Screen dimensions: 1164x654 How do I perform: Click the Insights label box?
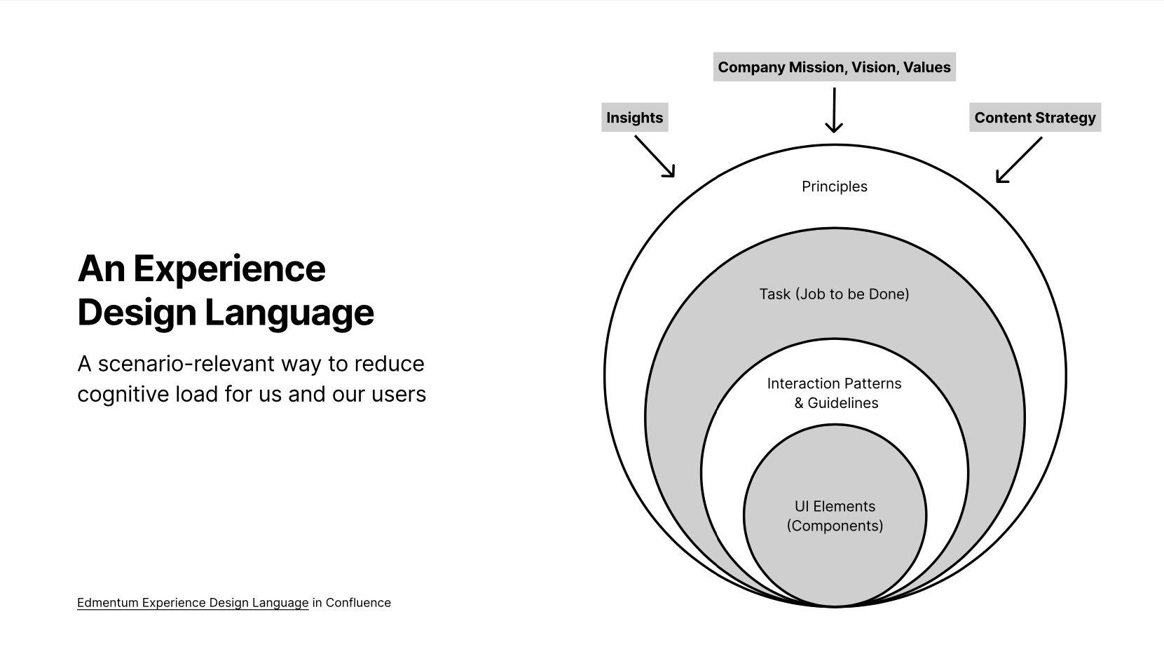pyautogui.click(x=634, y=118)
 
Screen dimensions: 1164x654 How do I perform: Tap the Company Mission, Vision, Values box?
pyautogui.click(x=834, y=67)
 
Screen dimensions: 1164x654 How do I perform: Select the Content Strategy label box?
pyautogui.click(x=1034, y=118)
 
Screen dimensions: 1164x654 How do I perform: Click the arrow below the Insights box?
pyautogui.click(x=655, y=156)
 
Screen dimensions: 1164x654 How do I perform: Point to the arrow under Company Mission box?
pyautogui.click(x=834, y=109)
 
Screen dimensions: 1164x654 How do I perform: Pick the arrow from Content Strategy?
pyautogui.click(x=1018, y=160)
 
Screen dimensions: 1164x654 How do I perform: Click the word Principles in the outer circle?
pyautogui.click(x=835, y=186)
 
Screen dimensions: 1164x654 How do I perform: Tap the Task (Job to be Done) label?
pyautogui.click(x=834, y=294)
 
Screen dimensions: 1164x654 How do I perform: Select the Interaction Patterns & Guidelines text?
pyautogui.click(x=835, y=393)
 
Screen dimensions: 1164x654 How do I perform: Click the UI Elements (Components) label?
pyautogui.click(x=835, y=516)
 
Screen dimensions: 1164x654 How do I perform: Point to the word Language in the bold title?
pyautogui.click(x=289, y=313)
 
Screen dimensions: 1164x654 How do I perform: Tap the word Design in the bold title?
pyautogui.click(x=137, y=313)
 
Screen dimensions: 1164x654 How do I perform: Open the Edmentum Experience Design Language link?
pyautogui.click(x=193, y=603)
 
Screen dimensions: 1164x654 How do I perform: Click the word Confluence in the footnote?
pyautogui.click(x=358, y=603)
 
